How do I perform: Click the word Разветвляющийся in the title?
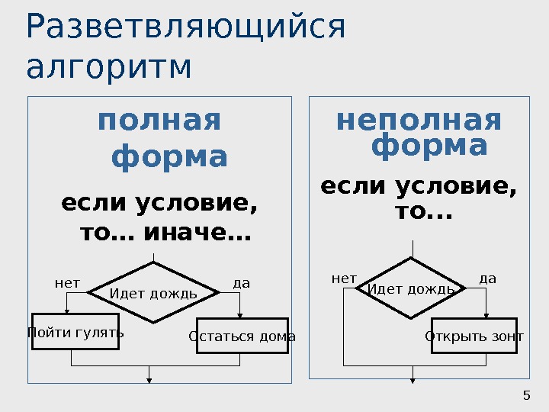(185, 27)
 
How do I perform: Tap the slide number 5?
(526, 394)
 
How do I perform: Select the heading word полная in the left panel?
(159, 121)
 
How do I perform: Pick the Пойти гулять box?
(75, 332)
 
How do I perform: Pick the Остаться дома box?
(242, 336)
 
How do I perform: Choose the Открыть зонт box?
(474, 336)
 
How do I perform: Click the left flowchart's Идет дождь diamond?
(153, 292)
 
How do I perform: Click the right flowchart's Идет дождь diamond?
(411, 288)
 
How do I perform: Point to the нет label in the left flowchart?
(67, 283)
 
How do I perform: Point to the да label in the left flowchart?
(241, 283)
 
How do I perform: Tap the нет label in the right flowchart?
(344, 279)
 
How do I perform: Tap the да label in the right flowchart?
(487, 279)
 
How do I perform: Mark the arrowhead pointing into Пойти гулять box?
(67, 310)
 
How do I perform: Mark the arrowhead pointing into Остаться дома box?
(241, 314)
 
